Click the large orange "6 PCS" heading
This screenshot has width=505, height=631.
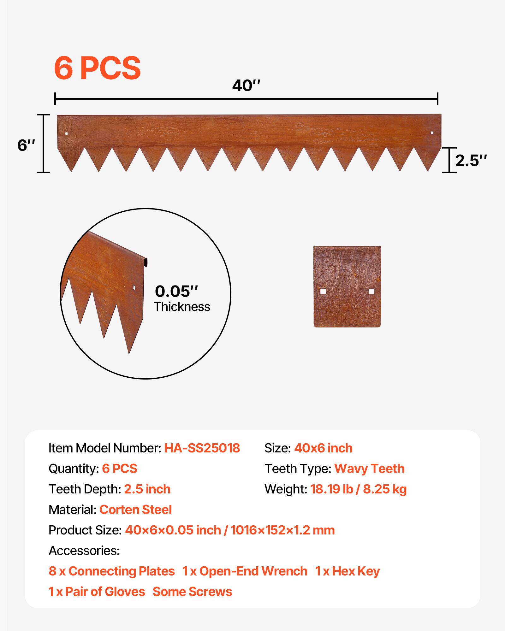click(97, 68)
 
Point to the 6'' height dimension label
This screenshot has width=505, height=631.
click(26, 145)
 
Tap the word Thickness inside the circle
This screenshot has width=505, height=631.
click(182, 307)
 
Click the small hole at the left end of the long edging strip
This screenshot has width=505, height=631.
click(66, 133)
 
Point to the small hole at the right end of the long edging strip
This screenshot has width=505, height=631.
click(432, 133)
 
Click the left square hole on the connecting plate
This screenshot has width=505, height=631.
click(323, 291)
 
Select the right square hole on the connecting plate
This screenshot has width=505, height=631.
click(371, 291)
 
